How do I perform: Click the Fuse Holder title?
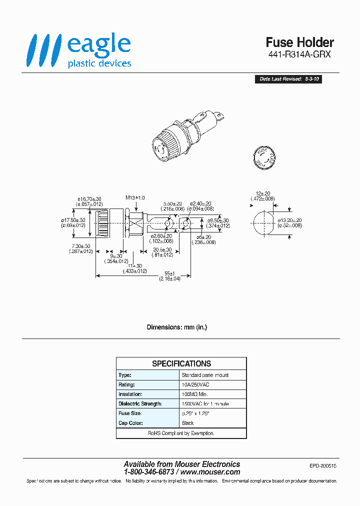click(299, 42)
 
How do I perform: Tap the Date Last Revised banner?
click(288, 79)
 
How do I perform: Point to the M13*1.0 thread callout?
click(135, 198)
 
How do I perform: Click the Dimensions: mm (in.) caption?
click(176, 327)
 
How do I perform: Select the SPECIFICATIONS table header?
click(181, 363)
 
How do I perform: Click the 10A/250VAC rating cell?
click(196, 384)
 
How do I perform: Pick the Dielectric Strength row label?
click(140, 403)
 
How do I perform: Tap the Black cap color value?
click(188, 423)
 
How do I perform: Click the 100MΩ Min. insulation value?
click(197, 394)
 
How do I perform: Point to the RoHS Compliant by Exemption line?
click(181, 433)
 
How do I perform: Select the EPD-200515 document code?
click(323, 465)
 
